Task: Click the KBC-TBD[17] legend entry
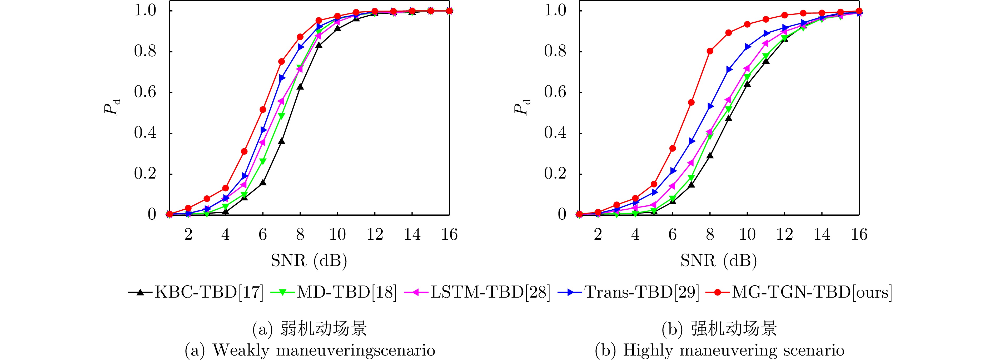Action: [196, 292]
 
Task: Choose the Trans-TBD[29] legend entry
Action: [629, 292]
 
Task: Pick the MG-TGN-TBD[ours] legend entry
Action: [799, 292]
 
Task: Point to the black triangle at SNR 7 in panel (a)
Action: [282, 141]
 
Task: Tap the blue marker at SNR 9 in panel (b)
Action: [729, 70]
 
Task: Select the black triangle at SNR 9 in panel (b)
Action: [729, 118]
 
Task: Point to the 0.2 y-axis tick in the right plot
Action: [555, 174]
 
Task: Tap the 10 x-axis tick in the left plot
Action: [337, 234]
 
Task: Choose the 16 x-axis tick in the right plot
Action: [859, 234]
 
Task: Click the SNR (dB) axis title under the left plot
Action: [309, 261]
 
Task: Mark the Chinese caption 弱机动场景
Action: [323, 329]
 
